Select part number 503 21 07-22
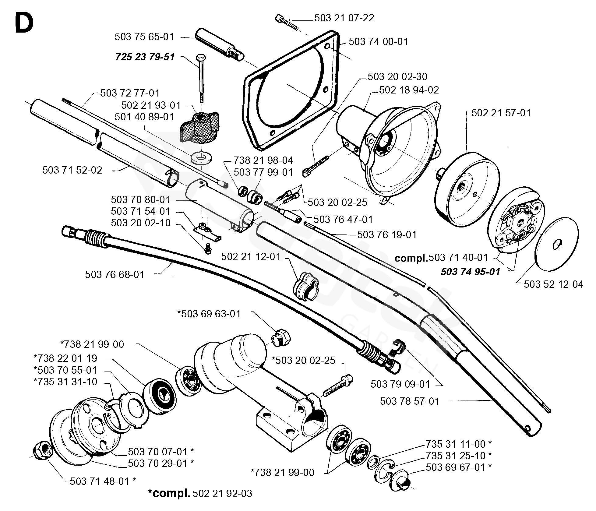[x=344, y=18]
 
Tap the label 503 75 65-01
[x=144, y=37]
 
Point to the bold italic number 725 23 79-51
[x=145, y=57]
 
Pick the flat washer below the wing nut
[x=201, y=158]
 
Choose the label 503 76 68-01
[x=115, y=274]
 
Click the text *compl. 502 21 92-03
[x=200, y=493]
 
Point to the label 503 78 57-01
[x=410, y=401]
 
